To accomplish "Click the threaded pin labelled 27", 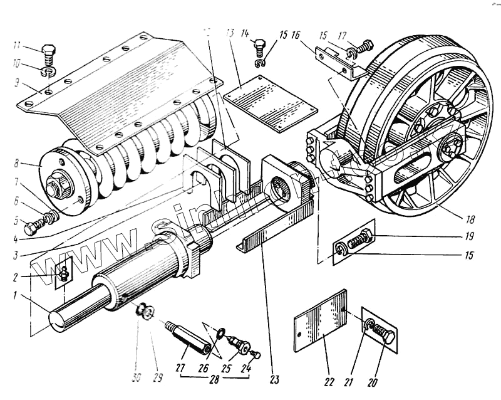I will tap(185, 335).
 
